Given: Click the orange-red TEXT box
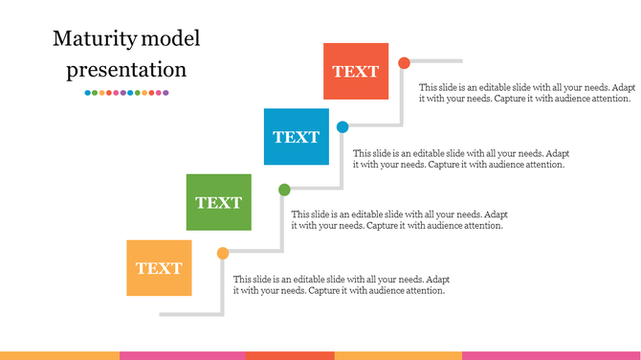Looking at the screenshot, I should click(356, 71).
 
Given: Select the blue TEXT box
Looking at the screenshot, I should click(296, 137).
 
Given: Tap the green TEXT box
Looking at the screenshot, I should click(218, 202).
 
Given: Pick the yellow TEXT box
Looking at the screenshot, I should click(159, 268).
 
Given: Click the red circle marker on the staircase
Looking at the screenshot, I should click(405, 63).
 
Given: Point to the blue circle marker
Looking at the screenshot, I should click(343, 126).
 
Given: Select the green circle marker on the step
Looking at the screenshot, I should click(284, 190).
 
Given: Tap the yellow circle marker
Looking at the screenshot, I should click(223, 254).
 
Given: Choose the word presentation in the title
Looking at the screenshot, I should click(120, 69).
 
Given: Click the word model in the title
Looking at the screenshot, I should click(169, 39).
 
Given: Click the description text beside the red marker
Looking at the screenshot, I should click(526, 93).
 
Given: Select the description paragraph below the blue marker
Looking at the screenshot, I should click(460, 158).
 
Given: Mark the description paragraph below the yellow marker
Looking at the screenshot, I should click(341, 284).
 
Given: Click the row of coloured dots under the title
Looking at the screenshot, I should click(126, 93).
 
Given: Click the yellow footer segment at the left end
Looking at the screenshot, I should click(59, 355).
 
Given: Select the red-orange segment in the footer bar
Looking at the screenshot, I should click(289, 355).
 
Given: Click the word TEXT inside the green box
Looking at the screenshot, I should click(218, 203).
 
